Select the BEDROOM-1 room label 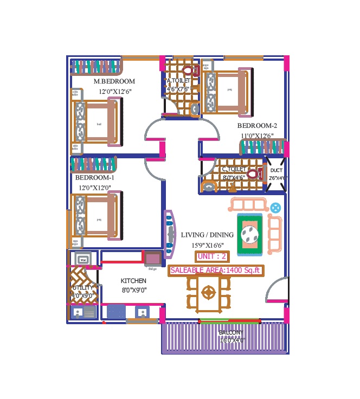point(94,177)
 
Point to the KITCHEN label point(133,281)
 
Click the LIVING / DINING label point(207,235)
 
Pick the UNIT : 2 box point(212,256)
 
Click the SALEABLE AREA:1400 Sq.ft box point(216,270)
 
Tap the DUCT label point(276,170)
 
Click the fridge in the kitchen point(152,259)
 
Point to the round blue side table point(275,207)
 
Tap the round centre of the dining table point(208,292)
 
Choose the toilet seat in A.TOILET point(189,70)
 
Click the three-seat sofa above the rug point(248,205)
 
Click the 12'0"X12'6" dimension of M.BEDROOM point(115,92)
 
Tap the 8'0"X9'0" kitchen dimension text point(133,290)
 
